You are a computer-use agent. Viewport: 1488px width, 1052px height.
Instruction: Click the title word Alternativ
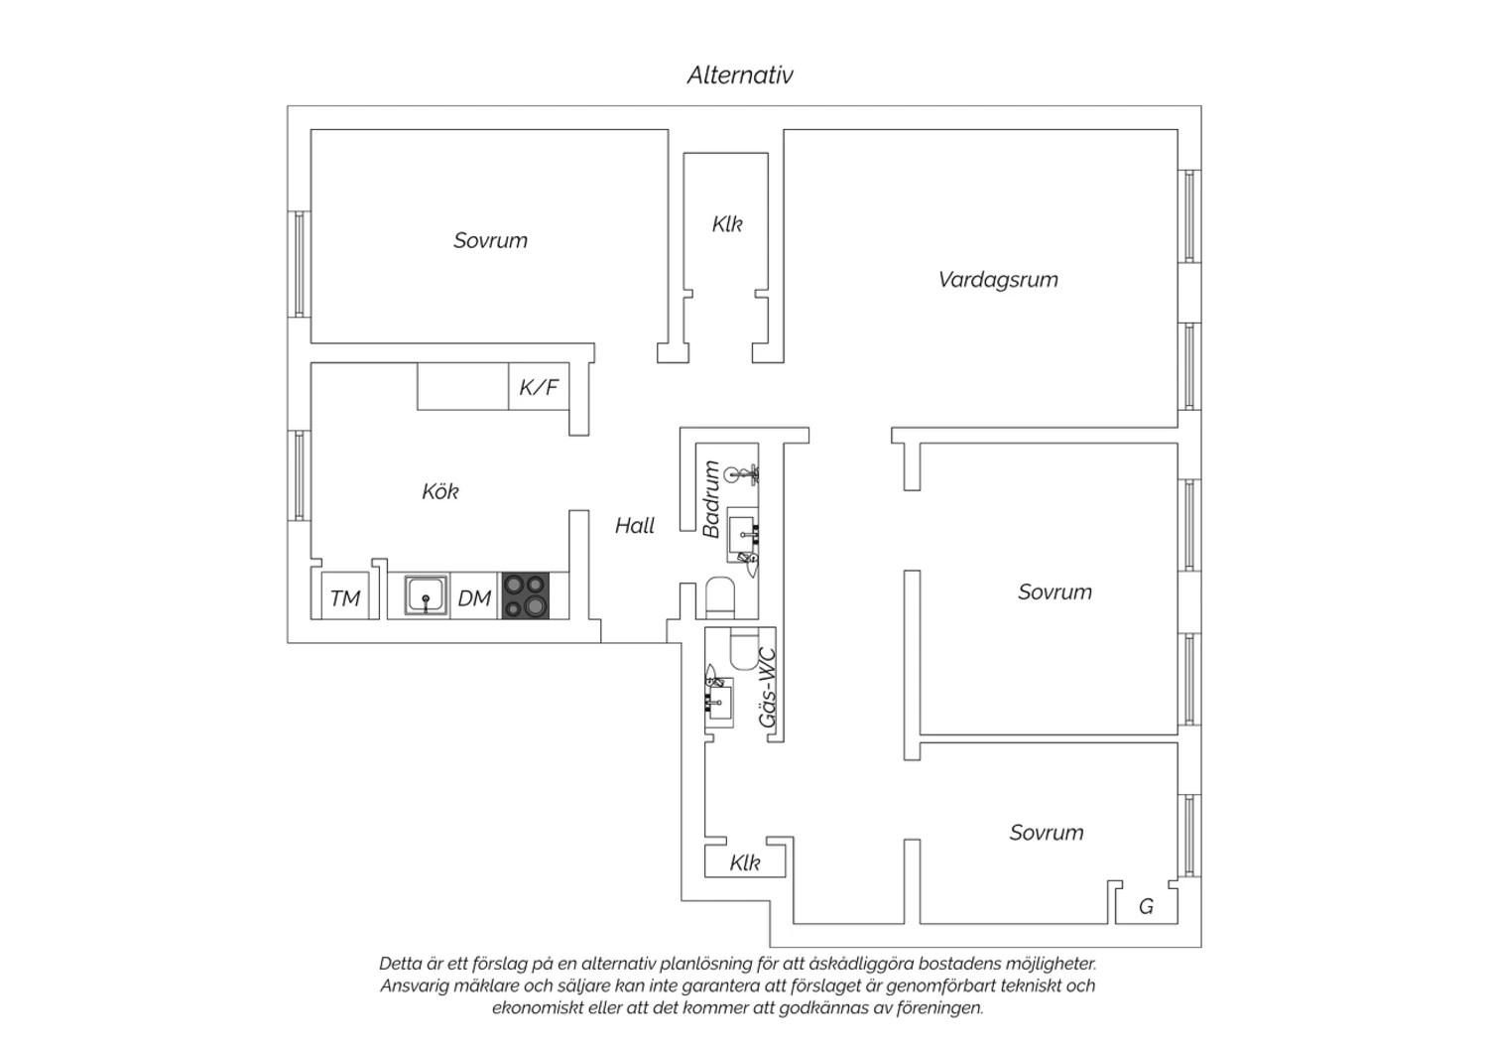point(740,75)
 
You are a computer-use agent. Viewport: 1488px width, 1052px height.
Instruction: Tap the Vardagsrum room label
point(998,280)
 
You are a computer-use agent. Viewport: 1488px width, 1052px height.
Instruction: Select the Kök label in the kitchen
point(439,492)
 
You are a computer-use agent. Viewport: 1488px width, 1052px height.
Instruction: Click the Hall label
point(635,526)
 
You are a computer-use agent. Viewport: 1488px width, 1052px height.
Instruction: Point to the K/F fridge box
point(539,386)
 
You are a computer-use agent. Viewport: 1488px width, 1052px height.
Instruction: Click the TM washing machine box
point(345,595)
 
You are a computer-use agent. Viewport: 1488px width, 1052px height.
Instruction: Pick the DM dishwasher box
point(474,596)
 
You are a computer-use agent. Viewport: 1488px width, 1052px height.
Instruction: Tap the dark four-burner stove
point(526,596)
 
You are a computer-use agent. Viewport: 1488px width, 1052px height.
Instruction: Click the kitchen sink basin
point(426,595)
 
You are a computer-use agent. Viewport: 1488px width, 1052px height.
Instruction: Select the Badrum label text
point(711,498)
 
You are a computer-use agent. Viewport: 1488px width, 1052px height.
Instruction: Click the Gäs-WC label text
point(768,688)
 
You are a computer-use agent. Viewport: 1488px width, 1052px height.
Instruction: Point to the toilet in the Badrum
point(720,597)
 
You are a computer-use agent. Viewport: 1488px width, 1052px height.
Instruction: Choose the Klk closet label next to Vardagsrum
point(727,224)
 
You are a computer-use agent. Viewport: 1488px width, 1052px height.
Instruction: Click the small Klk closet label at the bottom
point(745,862)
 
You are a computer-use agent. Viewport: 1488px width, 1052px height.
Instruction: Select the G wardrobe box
point(1147,906)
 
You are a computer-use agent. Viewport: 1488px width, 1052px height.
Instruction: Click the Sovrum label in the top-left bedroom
point(490,240)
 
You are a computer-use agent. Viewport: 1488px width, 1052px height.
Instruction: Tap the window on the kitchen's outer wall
point(299,475)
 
